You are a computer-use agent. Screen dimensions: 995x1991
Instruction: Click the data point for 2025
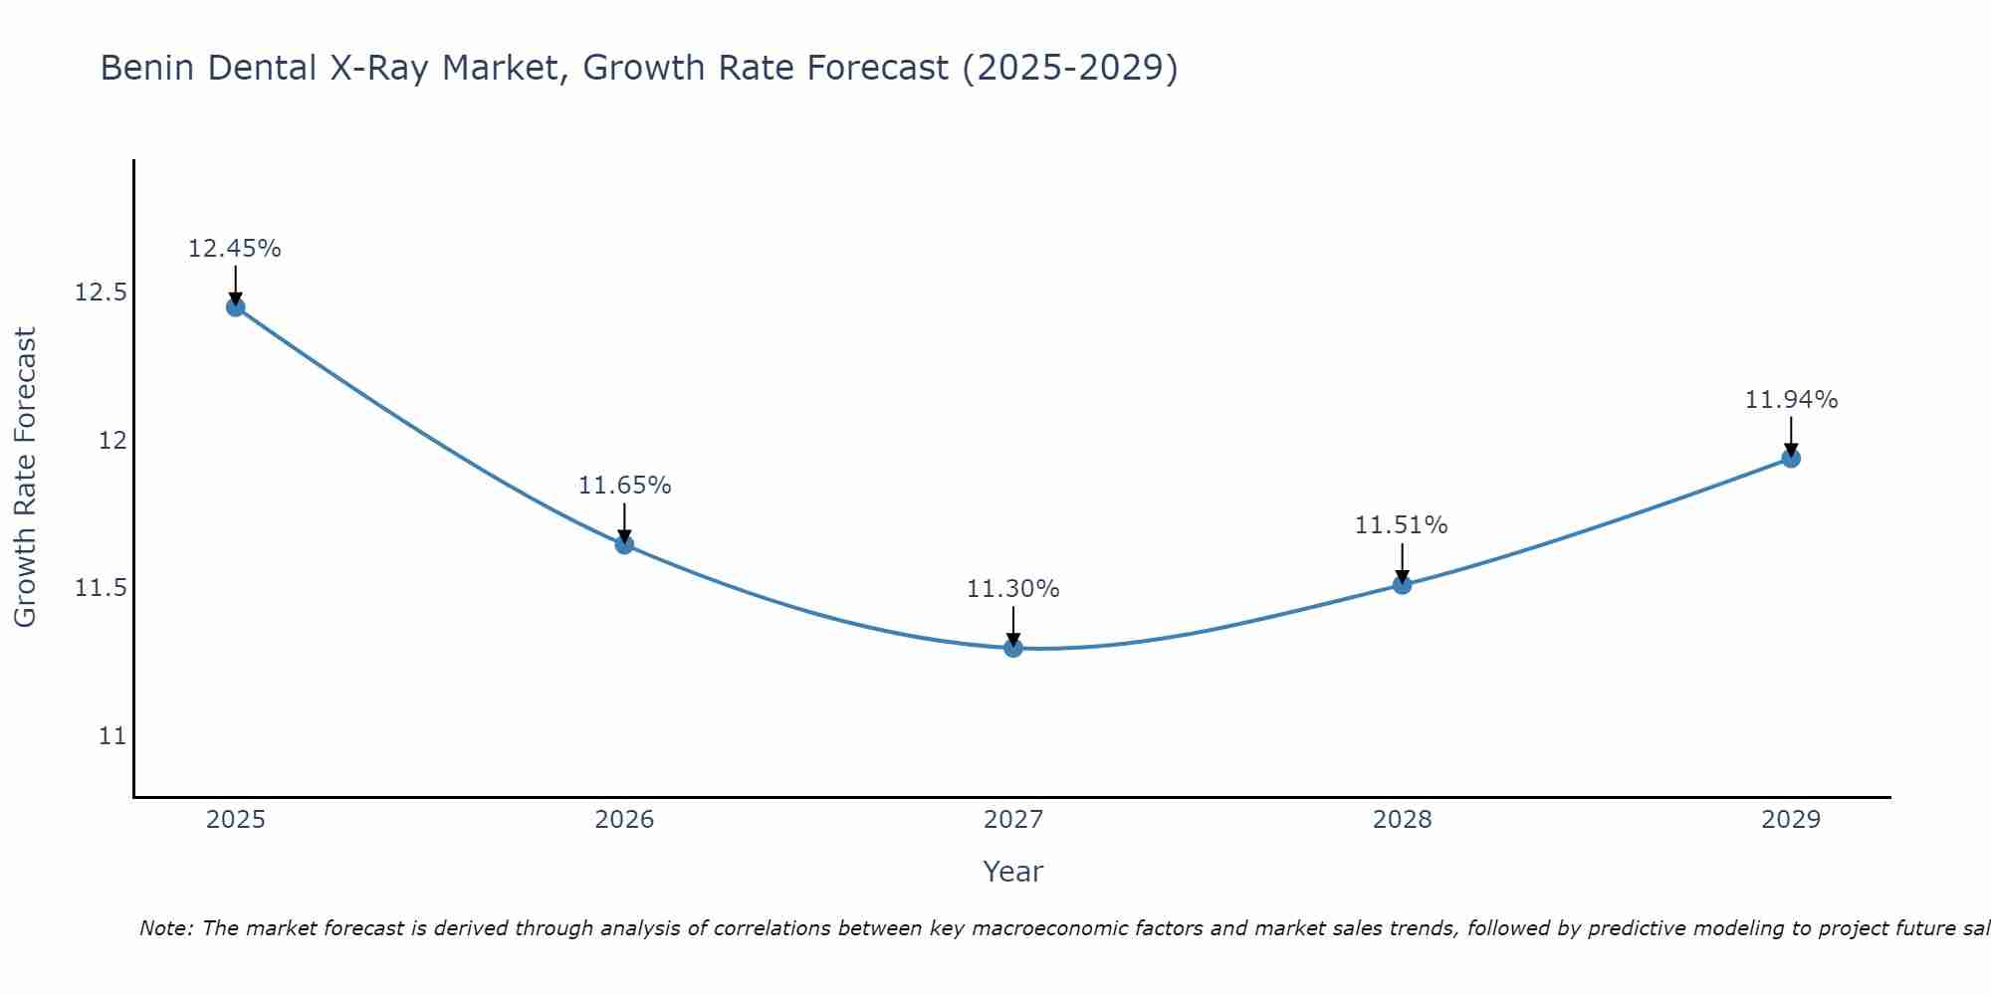[x=235, y=307]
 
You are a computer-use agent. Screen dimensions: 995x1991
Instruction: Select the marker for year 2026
[x=624, y=544]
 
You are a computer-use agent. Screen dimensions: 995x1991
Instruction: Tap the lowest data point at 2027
[x=1013, y=648]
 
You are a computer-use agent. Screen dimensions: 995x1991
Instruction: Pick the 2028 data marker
[x=1402, y=585]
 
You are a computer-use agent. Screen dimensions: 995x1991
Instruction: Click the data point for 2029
[x=1791, y=459]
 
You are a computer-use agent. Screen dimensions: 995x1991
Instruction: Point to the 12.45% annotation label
[x=235, y=249]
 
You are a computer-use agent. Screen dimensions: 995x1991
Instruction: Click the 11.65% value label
[x=624, y=486]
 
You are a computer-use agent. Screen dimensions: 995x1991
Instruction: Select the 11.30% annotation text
[x=1013, y=589]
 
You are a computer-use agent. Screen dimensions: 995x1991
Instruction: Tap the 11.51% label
[x=1402, y=525]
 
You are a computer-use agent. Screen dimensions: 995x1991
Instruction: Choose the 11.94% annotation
[x=1791, y=400]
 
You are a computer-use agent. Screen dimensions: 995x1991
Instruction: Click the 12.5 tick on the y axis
[x=101, y=293]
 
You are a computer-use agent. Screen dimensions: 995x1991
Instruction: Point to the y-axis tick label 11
[x=112, y=736]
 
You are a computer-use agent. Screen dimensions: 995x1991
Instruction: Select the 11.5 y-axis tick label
[x=101, y=588]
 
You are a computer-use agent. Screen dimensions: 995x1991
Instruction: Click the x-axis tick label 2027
[x=1013, y=820]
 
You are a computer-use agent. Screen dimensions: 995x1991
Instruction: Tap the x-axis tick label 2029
[x=1791, y=820]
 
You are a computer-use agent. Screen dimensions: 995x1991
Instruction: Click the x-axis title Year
[x=1013, y=872]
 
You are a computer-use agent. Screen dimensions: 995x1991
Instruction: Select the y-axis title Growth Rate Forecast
[x=25, y=478]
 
